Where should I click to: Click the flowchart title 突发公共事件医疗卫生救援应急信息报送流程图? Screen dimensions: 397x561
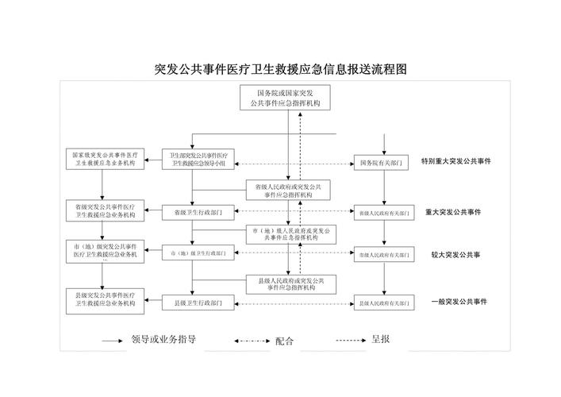279,70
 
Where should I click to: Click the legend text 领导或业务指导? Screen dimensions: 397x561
163,340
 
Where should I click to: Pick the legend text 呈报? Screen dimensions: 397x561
380,340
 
